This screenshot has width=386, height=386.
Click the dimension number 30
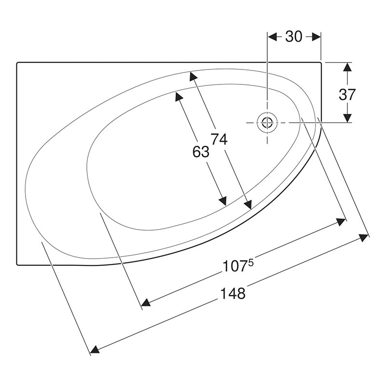[x=293, y=37]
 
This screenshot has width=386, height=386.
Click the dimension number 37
[x=347, y=95]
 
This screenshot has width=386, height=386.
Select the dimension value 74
[x=219, y=139]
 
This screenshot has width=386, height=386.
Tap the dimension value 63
[x=201, y=152]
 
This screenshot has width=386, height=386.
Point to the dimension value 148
[x=233, y=293]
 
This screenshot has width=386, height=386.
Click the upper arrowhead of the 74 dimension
[x=193, y=77]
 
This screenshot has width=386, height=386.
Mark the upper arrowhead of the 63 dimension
[x=179, y=96]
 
